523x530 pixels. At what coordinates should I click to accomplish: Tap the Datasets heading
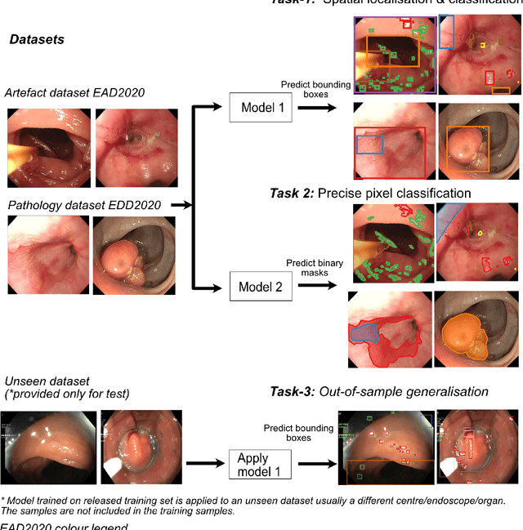tap(36, 39)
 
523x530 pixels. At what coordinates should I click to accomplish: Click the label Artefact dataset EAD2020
tap(74, 92)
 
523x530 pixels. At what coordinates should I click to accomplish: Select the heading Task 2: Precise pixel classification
tap(370, 193)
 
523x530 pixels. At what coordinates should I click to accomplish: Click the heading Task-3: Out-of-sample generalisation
tap(379, 392)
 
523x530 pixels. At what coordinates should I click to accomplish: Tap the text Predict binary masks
tap(315, 268)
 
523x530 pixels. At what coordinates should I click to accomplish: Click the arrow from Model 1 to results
tap(320, 108)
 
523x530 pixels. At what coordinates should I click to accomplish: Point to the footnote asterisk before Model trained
tap(2, 500)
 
